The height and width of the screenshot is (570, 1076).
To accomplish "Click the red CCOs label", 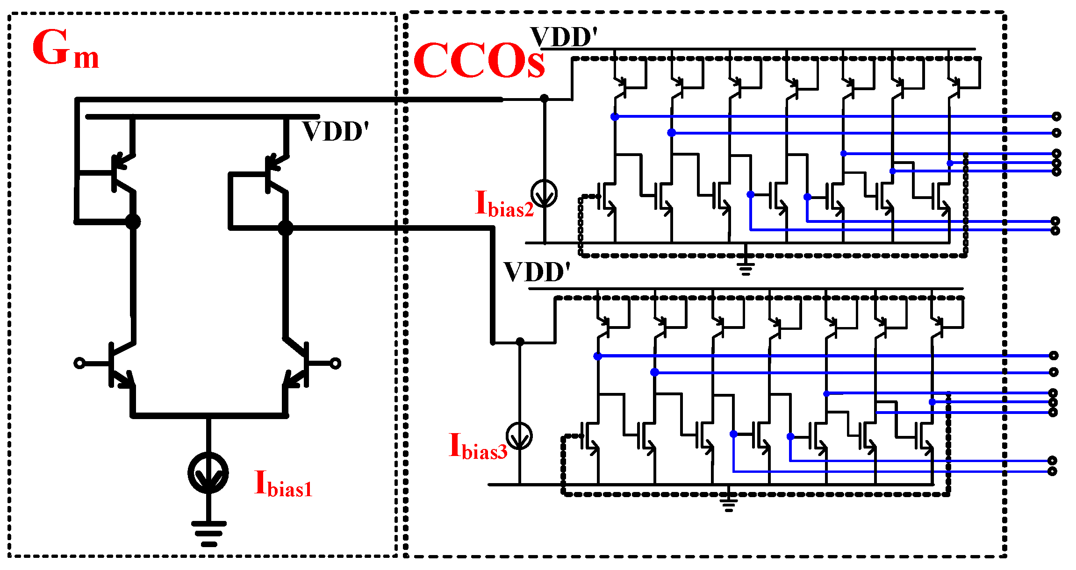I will coord(479,61).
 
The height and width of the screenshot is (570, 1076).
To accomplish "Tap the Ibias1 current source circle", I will coord(208,472).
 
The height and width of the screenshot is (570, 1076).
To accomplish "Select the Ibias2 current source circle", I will coord(544,193).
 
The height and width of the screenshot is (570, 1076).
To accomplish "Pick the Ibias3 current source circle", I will coord(519,435).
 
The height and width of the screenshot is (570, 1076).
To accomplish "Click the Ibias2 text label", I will coord(504,205).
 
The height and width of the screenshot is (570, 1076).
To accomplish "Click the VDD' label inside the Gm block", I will coord(336,132).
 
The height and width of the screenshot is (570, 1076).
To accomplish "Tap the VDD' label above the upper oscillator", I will coord(564,37).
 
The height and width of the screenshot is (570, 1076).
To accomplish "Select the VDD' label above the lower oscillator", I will coord(537,272).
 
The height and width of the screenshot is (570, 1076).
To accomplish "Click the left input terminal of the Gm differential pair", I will coord(79,363).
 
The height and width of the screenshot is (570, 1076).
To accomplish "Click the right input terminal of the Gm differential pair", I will coord(336,363).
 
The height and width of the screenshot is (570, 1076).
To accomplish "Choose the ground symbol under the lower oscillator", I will coord(728,505).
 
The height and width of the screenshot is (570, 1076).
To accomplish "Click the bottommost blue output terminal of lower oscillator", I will coord(1052,471).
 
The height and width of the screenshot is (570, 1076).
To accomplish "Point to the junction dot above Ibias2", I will coord(544,99).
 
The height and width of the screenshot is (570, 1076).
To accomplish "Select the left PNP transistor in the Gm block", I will coord(119,173).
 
